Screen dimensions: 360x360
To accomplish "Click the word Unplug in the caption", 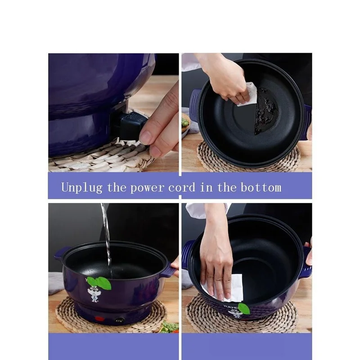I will [x=82, y=187].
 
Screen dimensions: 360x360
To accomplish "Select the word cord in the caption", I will [x=182, y=187].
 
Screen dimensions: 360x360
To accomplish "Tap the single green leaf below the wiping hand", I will [x=243, y=308].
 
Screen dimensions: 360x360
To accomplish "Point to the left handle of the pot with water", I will [x=61, y=253].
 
